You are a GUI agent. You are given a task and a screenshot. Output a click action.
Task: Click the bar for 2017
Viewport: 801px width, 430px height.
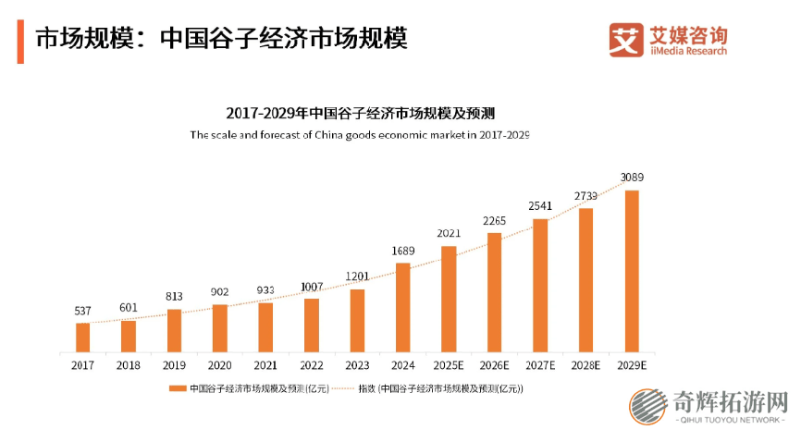tap(83, 338)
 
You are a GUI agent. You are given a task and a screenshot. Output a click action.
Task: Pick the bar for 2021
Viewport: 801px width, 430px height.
tap(265, 327)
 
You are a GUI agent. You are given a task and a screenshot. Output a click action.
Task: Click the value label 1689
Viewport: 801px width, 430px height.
tap(402, 251)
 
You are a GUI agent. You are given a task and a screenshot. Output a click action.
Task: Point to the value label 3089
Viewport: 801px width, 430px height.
tap(632, 177)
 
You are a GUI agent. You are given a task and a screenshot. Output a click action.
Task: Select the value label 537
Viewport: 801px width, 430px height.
tap(83, 311)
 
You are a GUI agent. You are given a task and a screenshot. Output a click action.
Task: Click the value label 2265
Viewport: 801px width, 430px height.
tap(495, 220)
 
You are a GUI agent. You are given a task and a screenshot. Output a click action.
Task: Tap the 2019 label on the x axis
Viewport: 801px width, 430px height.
tap(174, 365)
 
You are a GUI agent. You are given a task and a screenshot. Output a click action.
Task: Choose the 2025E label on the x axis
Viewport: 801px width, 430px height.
tap(449, 365)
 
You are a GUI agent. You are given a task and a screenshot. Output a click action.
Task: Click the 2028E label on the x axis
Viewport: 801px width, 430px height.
tap(586, 365)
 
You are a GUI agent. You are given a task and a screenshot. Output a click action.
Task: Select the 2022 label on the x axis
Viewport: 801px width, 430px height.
tap(312, 365)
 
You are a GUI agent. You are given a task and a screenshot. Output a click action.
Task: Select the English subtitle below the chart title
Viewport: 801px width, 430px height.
tap(360, 135)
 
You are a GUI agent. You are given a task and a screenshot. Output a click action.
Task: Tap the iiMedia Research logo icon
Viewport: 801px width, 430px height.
tap(626, 41)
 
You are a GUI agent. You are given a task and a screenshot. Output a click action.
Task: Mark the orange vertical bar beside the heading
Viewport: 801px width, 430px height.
tap(20, 40)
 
